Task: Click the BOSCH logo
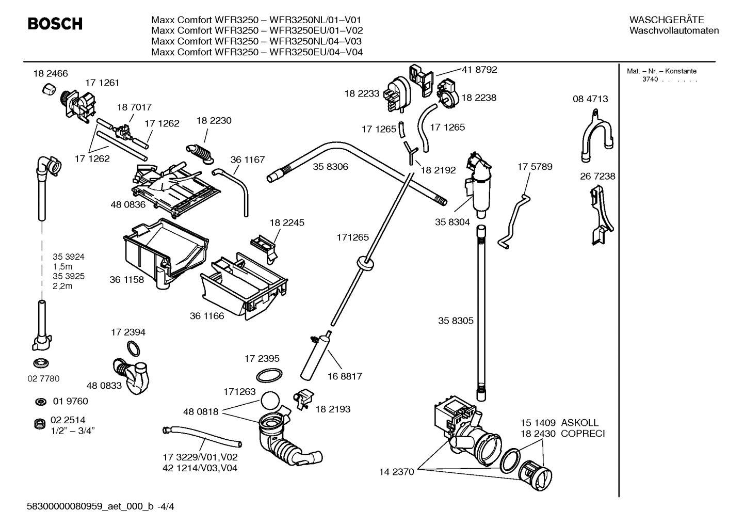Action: click(55, 24)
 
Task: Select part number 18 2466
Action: click(51, 74)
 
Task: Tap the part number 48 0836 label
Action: click(128, 204)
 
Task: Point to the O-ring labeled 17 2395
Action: click(269, 375)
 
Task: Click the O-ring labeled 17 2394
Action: click(133, 349)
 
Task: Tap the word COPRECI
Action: click(583, 434)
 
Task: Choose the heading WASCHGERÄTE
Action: click(666, 20)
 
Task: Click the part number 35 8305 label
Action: click(456, 321)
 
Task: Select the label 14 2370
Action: click(396, 472)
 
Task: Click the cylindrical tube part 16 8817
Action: click(316, 356)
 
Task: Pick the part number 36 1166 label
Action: click(207, 316)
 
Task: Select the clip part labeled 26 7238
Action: click(601, 216)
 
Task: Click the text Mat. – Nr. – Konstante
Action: click(661, 71)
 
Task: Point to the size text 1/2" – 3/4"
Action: click(72, 431)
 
